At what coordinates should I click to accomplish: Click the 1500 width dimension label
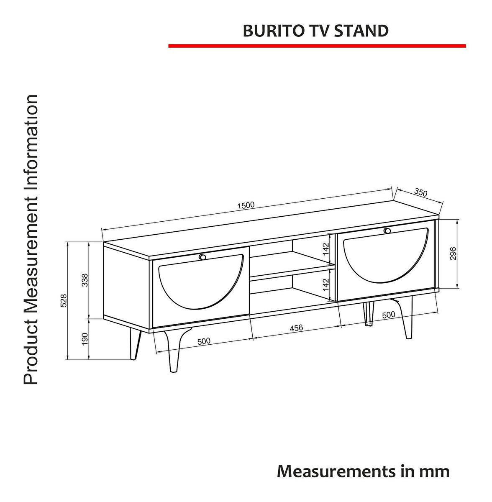(246, 205)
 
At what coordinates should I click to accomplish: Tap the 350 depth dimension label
(420, 192)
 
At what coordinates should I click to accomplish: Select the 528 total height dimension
(64, 301)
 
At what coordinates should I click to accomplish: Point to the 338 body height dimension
(85, 280)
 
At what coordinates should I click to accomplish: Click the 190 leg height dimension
(85, 339)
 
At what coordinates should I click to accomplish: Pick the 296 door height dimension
(453, 254)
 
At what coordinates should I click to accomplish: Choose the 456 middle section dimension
(296, 328)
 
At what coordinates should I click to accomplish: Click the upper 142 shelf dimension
(326, 249)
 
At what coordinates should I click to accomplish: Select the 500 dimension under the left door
(203, 341)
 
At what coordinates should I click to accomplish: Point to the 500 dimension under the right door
(389, 315)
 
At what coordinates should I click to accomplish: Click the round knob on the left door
(202, 257)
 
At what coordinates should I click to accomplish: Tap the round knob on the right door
(387, 231)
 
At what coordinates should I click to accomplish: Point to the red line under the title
(317, 46)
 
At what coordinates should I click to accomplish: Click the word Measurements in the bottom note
(334, 471)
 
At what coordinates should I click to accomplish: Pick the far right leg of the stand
(405, 317)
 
